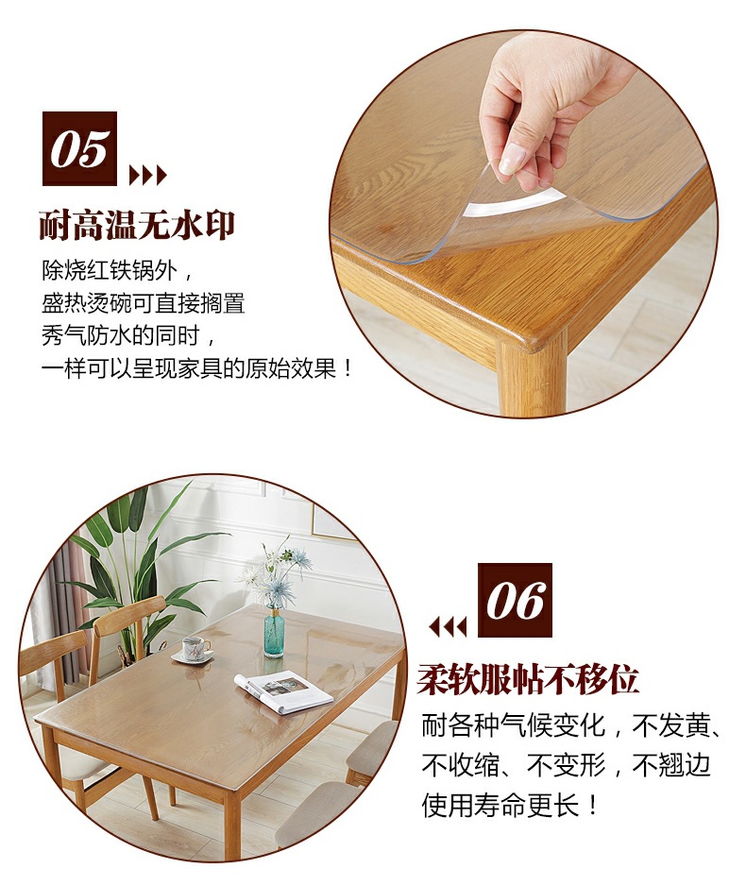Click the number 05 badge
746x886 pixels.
(79, 148)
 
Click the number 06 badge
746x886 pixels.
(515, 600)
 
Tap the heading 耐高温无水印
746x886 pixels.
(137, 225)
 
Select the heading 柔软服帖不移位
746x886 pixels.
(528, 679)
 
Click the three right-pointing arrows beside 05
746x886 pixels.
(148, 176)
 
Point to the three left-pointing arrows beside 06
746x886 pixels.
(448, 626)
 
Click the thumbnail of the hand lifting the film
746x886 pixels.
(523, 224)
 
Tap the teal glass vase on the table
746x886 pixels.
(274, 632)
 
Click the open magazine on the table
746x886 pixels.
(283, 691)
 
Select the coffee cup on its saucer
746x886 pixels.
(194, 649)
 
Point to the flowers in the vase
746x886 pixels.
(274, 571)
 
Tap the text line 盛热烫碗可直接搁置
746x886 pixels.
(144, 303)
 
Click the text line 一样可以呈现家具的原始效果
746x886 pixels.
(197, 368)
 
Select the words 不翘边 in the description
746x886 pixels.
(670, 766)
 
